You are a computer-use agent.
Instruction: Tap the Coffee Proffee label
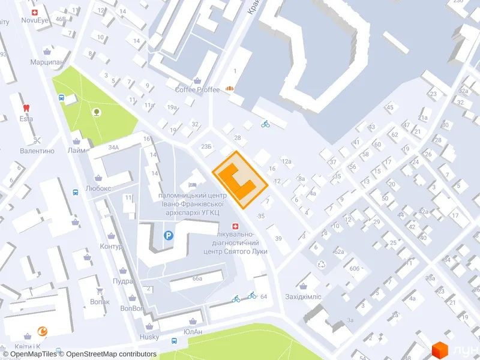(x=197, y=90)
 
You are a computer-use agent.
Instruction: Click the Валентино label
(x=37, y=151)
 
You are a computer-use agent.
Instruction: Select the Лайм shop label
(x=76, y=150)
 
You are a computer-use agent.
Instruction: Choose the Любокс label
(x=98, y=187)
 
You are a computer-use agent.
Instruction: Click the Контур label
(x=111, y=247)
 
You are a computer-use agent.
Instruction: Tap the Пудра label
(x=122, y=281)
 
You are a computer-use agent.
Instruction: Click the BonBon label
(x=132, y=308)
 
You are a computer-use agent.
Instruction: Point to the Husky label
(x=149, y=337)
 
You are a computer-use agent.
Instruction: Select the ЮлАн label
(x=193, y=332)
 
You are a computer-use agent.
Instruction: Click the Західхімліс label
(x=304, y=296)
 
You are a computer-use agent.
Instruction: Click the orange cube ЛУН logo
(x=441, y=350)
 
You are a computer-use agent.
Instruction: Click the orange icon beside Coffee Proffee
(x=229, y=89)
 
